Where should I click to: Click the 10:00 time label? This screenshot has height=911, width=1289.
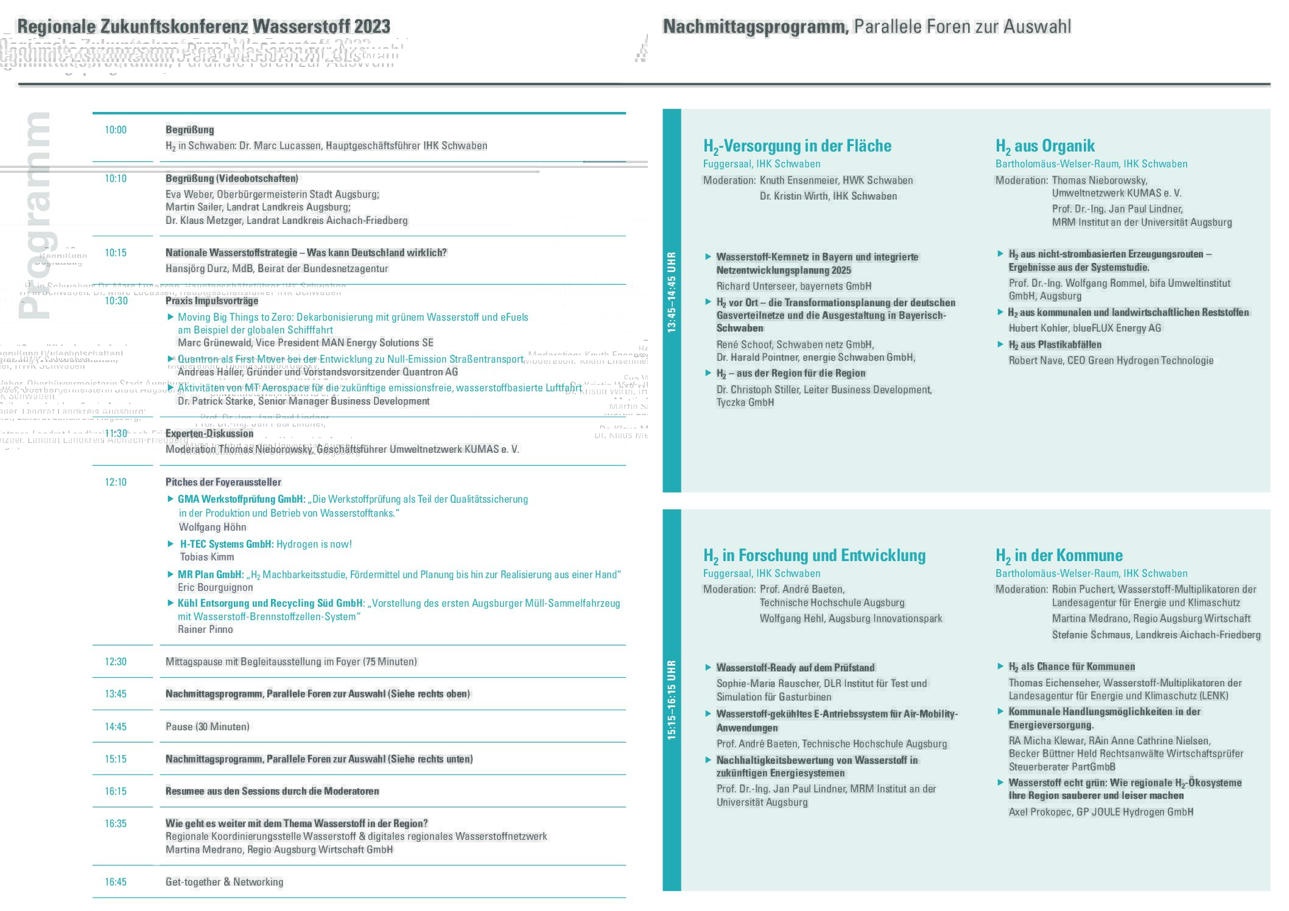(x=116, y=130)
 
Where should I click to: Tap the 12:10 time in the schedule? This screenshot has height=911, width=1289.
(x=116, y=482)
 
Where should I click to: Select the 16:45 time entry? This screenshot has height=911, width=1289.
(x=116, y=882)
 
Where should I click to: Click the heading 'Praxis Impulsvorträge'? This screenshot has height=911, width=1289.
(x=212, y=301)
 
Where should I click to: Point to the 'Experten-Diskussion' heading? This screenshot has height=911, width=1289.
(x=209, y=433)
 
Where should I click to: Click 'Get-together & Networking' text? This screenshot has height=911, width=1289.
(x=224, y=882)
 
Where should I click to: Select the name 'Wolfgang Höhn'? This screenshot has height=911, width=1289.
(x=212, y=527)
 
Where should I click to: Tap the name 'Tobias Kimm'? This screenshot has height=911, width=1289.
(x=207, y=557)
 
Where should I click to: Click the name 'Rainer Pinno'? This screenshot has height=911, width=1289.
(x=205, y=629)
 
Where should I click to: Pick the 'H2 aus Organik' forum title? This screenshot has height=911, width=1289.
(x=1045, y=146)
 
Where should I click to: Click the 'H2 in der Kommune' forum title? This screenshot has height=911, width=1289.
(x=1059, y=556)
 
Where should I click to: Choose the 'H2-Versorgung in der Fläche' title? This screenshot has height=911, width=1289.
(x=797, y=146)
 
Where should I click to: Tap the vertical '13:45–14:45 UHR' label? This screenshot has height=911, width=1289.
(x=672, y=292)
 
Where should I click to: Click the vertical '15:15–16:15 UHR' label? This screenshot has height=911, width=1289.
(x=672, y=700)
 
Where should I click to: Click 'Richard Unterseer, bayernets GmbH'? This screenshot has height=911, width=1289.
(x=793, y=286)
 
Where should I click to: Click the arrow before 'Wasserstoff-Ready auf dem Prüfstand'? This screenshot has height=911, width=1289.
(x=708, y=668)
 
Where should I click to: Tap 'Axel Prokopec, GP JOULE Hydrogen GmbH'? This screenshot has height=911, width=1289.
(x=1101, y=812)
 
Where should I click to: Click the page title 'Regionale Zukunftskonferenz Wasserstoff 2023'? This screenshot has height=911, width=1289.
(x=203, y=27)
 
